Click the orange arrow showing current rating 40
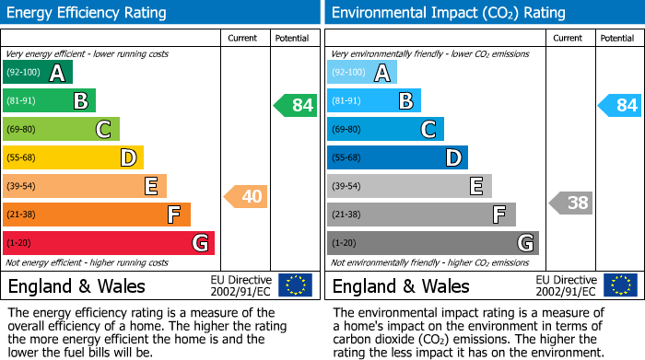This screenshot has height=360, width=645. (246, 196)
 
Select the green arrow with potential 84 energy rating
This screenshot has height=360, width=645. (296, 105)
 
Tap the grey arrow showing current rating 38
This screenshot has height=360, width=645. (570, 203)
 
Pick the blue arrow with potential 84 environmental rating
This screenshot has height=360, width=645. (620, 105)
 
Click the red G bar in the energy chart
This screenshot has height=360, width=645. (109, 243)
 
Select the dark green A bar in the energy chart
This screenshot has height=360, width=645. (38, 73)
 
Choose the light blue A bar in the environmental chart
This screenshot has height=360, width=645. (362, 73)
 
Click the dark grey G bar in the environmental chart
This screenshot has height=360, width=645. (432, 243)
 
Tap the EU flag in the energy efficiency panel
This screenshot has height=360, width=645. (295, 285)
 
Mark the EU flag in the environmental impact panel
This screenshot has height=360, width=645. (619, 285)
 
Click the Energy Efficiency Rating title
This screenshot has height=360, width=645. (88, 13)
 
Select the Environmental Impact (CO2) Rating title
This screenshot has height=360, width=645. (448, 13)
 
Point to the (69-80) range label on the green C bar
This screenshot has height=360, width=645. (23, 130)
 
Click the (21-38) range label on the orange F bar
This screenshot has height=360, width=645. (23, 215)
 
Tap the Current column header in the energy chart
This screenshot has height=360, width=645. (242, 38)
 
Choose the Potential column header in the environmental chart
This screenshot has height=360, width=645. (616, 38)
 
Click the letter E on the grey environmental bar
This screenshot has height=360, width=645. (475, 187)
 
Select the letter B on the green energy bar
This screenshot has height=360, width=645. (80, 101)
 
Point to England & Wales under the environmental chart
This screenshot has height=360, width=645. (401, 285)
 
